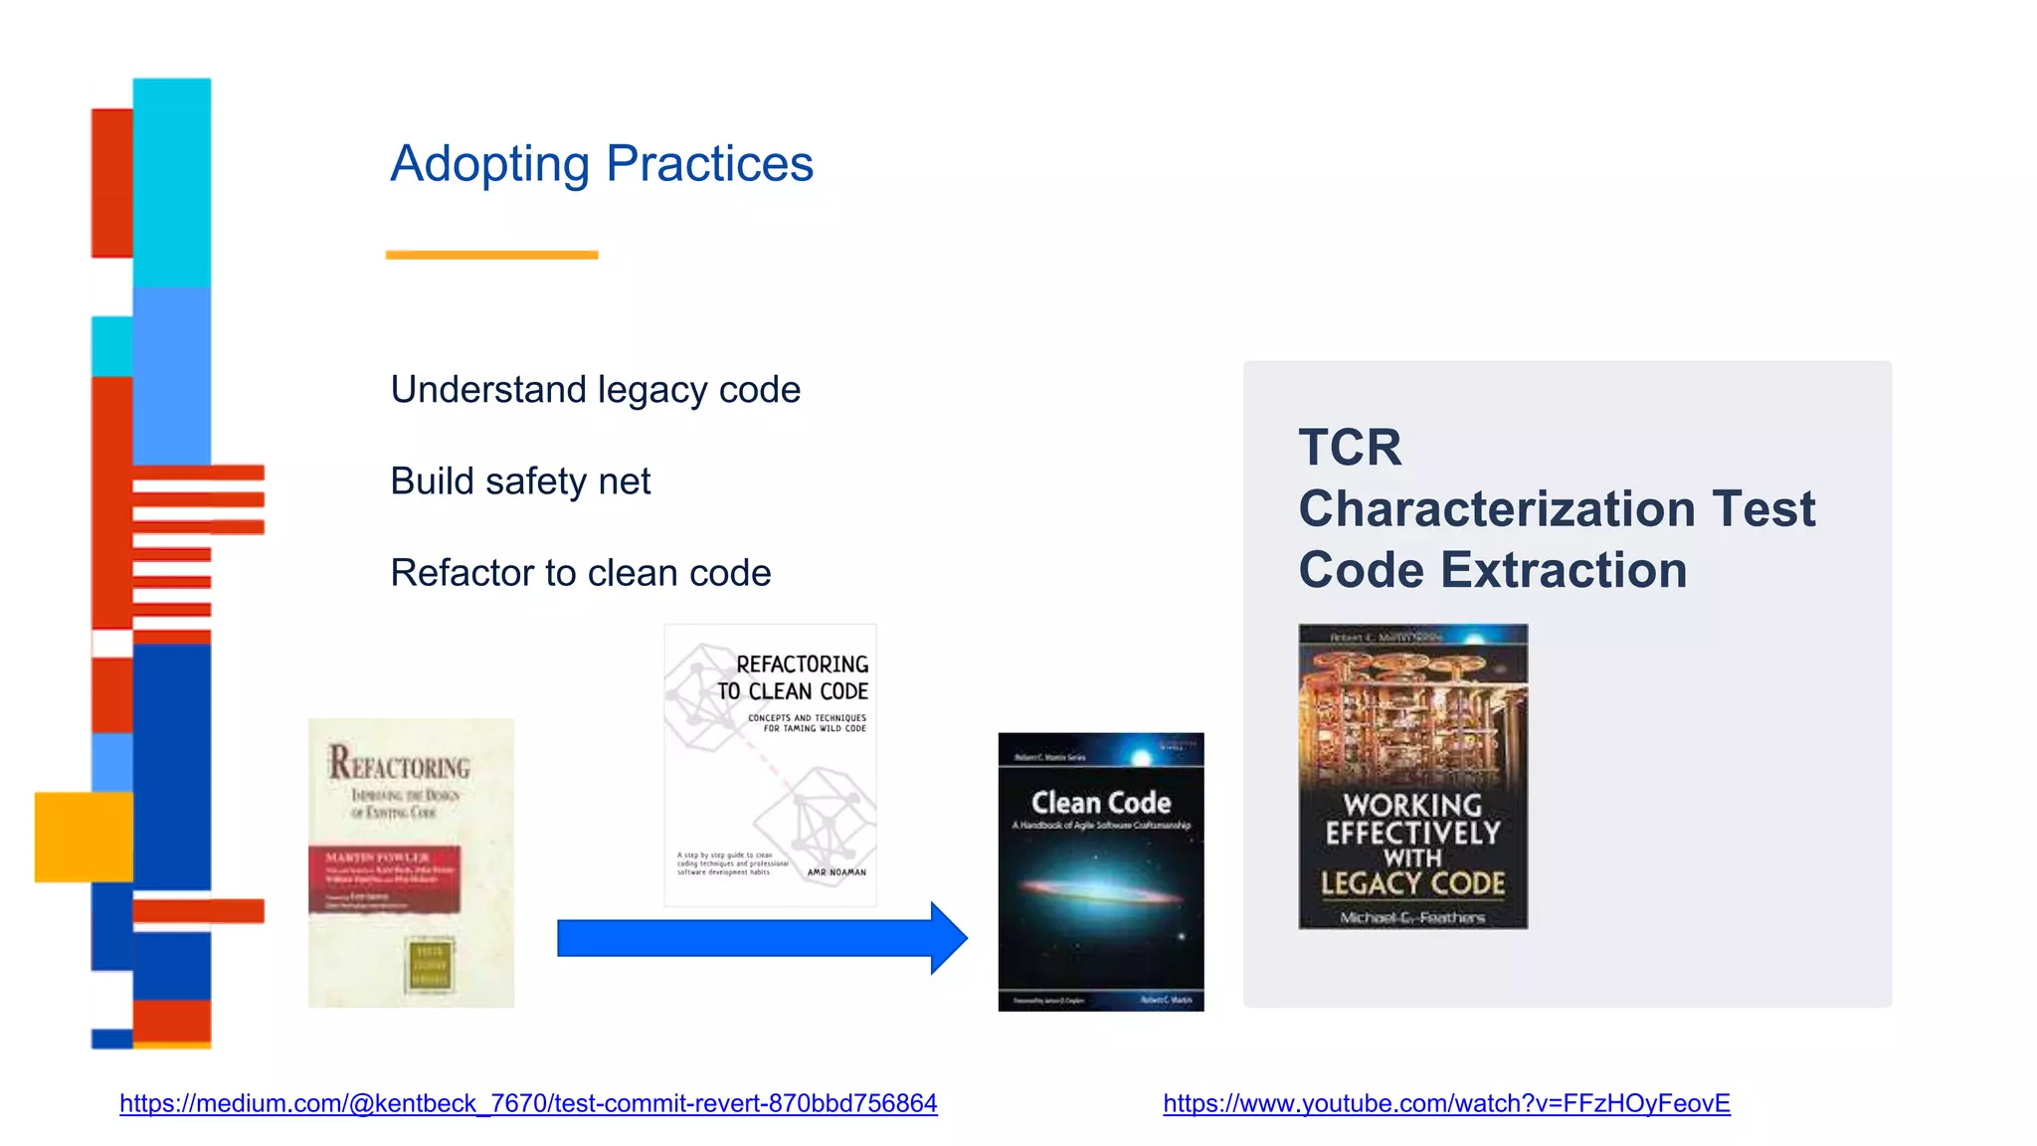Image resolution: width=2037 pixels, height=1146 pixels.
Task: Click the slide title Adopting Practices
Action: (x=602, y=164)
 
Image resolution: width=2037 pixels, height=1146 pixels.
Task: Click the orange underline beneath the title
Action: (x=491, y=255)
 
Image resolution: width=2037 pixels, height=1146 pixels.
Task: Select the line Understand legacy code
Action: (x=595, y=390)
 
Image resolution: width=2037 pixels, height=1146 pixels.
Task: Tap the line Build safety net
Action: (x=520, y=481)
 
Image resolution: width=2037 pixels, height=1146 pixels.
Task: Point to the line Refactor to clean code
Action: (x=580, y=573)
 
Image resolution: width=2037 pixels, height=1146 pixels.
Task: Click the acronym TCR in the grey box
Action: (x=1350, y=448)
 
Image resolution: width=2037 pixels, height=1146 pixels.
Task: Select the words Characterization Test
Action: (x=1557, y=509)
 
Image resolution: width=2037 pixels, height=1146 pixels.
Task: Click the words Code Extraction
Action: (x=1492, y=571)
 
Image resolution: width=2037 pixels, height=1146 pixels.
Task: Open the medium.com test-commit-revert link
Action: (x=528, y=1103)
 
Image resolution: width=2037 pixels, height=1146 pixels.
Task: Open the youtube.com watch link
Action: (x=1446, y=1103)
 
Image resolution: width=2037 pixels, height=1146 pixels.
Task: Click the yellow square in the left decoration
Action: (x=84, y=837)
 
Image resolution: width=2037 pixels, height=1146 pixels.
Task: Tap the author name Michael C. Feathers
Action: (x=1412, y=917)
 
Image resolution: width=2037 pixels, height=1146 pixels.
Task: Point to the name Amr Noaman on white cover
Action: (x=836, y=872)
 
